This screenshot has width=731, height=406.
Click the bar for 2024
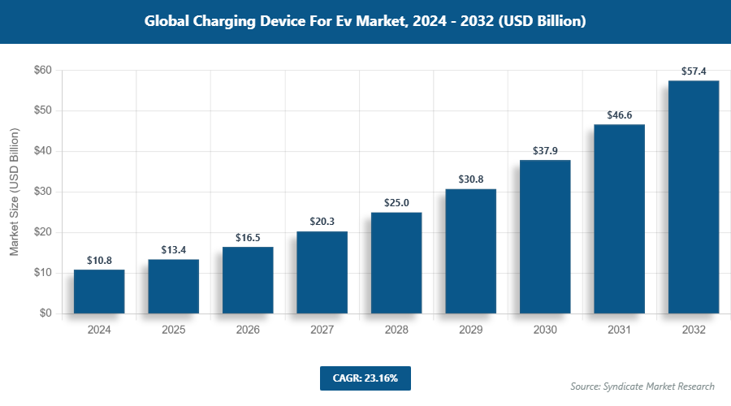[x=99, y=292]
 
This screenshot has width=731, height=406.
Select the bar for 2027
[x=322, y=273]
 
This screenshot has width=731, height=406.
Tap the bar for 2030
[x=545, y=237]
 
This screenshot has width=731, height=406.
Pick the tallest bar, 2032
[x=694, y=197]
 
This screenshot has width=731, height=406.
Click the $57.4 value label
[x=694, y=71]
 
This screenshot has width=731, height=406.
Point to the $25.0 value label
[x=396, y=203]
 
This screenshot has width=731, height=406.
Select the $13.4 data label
[x=173, y=250]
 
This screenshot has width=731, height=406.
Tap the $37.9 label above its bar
[x=545, y=151]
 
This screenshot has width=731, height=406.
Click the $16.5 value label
[x=248, y=238]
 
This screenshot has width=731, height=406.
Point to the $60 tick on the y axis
[x=43, y=71]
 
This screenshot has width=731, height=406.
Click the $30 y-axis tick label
[x=43, y=192]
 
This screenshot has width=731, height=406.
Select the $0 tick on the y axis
[x=45, y=313]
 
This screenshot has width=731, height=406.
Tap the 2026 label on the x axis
[x=248, y=330]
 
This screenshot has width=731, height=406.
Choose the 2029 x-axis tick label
[x=470, y=330]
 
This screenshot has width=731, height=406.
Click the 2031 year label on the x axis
[x=619, y=330]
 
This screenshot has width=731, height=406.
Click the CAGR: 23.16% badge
[x=365, y=378]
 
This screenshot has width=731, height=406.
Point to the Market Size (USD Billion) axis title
[x=14, y=192]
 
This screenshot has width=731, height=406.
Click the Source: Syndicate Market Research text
[x=642, y=387]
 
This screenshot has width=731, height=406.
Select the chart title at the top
[x=365, y=22]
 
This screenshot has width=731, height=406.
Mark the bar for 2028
[x=396, y=263]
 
